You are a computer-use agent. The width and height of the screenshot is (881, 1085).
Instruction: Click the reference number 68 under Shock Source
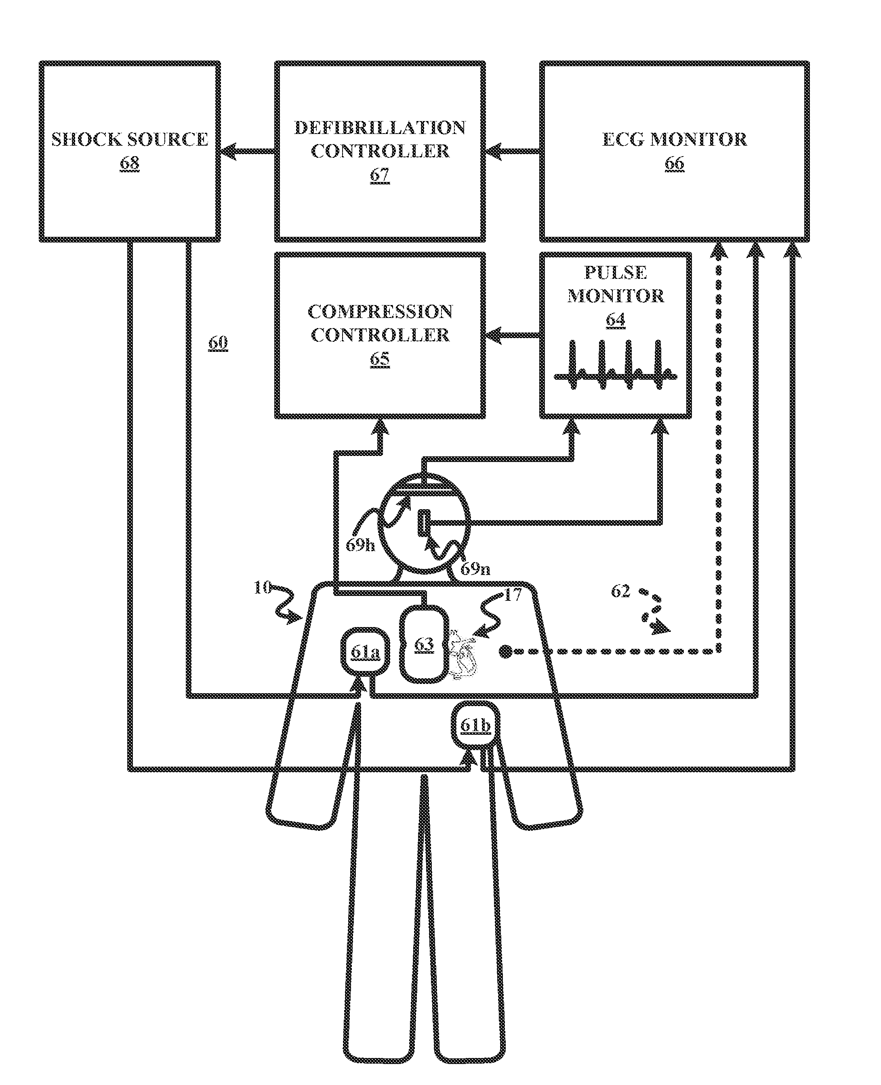[x=129, y=163]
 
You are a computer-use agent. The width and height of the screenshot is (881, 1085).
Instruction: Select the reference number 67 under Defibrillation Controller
[x=380, y=175]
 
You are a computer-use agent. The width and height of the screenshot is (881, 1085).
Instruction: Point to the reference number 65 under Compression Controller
[x=380, y=359]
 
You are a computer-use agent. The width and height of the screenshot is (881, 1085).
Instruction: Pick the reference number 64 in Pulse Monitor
[x=615, y=320]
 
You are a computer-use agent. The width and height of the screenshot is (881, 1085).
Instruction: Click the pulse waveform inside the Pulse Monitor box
[x=615, y=365]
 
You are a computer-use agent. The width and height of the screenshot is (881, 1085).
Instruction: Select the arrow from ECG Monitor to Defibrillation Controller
[x=513, y=151]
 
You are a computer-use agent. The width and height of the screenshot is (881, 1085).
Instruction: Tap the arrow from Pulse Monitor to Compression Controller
[x=513, y=335]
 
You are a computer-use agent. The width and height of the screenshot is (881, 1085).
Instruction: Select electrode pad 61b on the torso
[x=475, y=725]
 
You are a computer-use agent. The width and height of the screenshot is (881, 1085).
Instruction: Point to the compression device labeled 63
[x=424, y=645]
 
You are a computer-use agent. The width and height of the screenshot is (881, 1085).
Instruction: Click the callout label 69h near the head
[x=360, y=545]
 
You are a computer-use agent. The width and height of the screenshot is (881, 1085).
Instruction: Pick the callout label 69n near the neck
[x=475, y=569]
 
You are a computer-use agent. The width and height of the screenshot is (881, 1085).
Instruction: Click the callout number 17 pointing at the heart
[x=513, y=595]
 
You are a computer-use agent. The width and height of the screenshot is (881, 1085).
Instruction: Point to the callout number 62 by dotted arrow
[x=620, y=591]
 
